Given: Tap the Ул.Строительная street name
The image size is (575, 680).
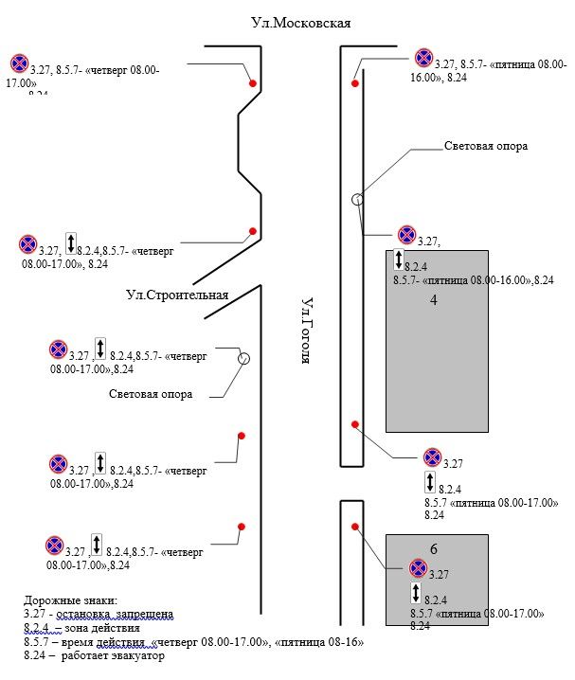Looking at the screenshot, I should coord(178,295).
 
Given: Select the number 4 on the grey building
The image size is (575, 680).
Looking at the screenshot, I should coord(433,300).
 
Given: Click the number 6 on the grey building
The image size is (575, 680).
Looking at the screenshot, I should coord(433,549).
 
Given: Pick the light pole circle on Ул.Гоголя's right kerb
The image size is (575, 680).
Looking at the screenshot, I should coord(357,199).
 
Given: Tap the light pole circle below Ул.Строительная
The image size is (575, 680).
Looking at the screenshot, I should coord(243,358).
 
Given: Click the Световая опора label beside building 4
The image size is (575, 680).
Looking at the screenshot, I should coord(486,147).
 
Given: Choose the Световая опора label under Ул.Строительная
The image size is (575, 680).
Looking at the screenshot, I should coord(151,394).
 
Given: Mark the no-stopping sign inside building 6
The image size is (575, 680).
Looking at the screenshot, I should coord(418,568).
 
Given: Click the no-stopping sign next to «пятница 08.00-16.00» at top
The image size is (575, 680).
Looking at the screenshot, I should coord(423,59).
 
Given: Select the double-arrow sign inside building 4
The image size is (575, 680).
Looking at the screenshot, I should coord(399,259).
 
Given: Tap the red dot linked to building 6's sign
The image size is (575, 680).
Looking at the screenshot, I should coord(354,526).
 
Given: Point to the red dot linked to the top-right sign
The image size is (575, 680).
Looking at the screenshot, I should coord(355,83).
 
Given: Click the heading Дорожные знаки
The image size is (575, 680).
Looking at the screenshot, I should coord(71,600).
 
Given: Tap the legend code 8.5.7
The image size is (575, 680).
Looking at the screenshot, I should coord(37,641).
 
